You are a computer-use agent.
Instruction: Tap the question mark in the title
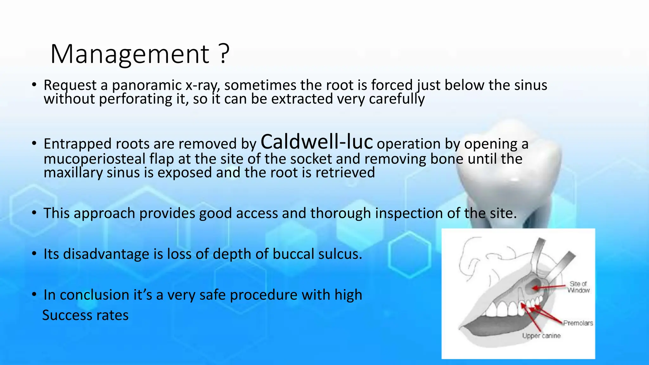pyautogui.click(x=224, y=54)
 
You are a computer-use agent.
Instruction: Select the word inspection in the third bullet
pyautogui.click(x=409, y=213)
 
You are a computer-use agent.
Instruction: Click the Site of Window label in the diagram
pyautogui.click(x=579, y=287)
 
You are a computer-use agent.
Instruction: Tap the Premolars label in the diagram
pyautogui.click(x=578, y=323)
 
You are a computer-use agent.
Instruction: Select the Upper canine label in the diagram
pyautogui.click(x=541, y=336)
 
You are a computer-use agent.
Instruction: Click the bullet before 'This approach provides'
pyautogui.click(x=34, y=213)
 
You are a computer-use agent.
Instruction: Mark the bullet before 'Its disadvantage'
pyautogui.click(x=34, y=254)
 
